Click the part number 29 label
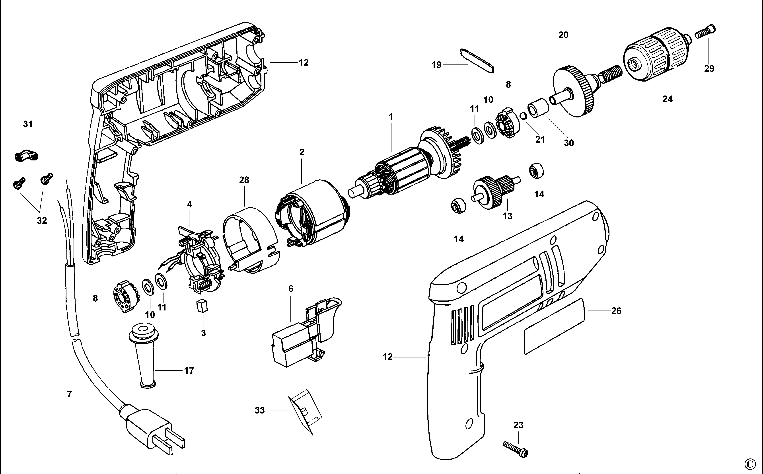[x=709, y=68]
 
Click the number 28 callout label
[x=244, y=180]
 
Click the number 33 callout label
[x=260, y=410]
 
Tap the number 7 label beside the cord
[x=69, y=394]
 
